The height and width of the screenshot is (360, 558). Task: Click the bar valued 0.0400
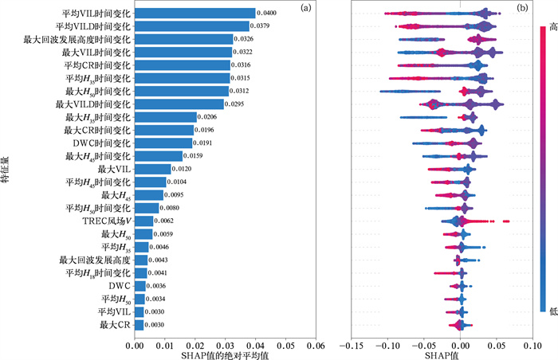tap(195, 14)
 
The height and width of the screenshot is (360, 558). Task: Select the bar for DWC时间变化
tap(163, 143)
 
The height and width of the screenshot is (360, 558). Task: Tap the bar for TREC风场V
tap(144, 221)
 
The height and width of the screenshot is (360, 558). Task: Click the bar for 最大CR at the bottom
tap(139, 324)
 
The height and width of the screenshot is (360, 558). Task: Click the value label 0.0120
tap(183, 169)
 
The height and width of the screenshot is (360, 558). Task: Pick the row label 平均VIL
tap(114, 311)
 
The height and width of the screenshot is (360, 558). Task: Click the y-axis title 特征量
tap(6, 170)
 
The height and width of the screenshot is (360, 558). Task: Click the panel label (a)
tap(305, 10)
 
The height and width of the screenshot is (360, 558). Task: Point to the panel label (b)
tap(522, 10)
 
